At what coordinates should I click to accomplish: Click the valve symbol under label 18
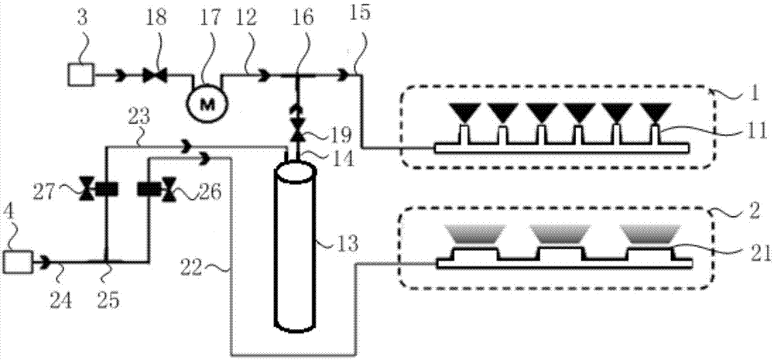coord(152,75)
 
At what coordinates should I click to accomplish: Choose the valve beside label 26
coord(166,188)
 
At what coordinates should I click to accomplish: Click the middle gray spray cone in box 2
coord(563,235)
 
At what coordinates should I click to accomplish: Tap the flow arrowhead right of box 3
coord(121,75)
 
